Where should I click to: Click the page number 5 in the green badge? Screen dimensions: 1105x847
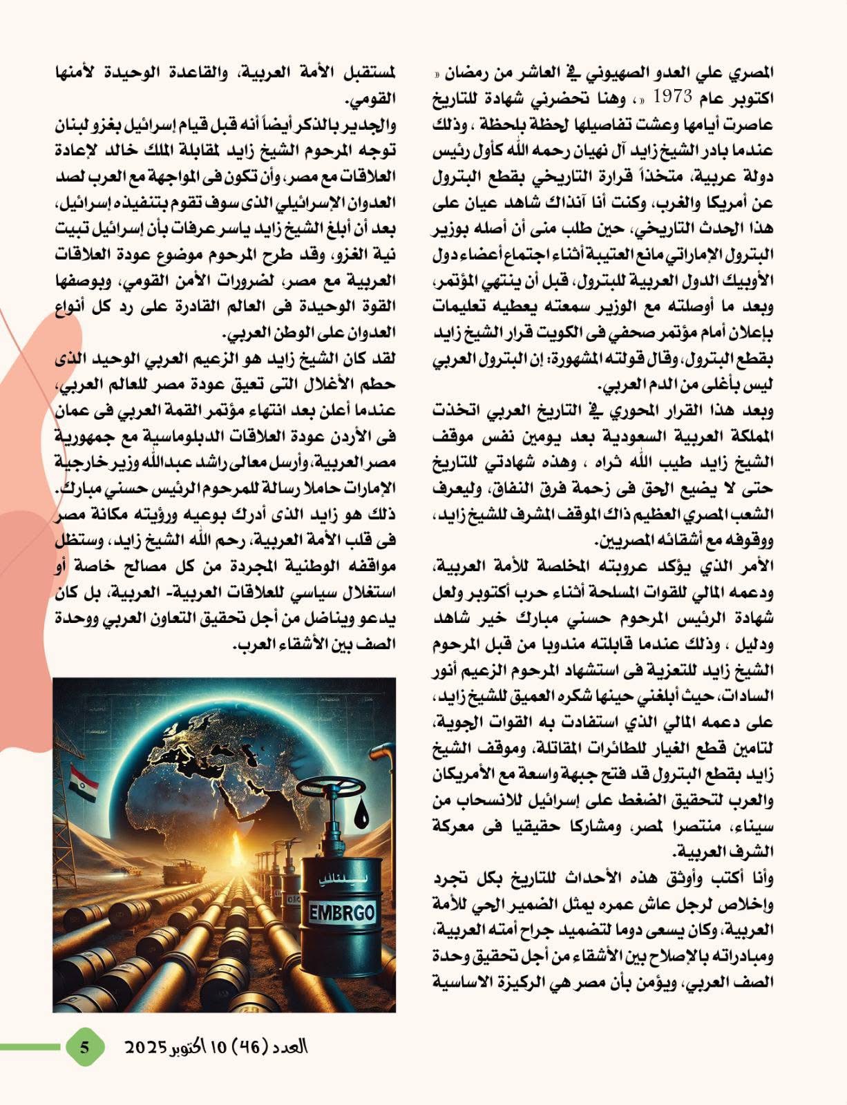84,1047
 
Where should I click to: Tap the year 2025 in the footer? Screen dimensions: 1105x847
146,1047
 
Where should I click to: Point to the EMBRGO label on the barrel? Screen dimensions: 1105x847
343,912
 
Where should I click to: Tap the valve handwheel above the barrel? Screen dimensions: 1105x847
334,789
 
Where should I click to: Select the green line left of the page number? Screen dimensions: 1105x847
31,1047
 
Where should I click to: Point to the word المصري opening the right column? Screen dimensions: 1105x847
750,72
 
